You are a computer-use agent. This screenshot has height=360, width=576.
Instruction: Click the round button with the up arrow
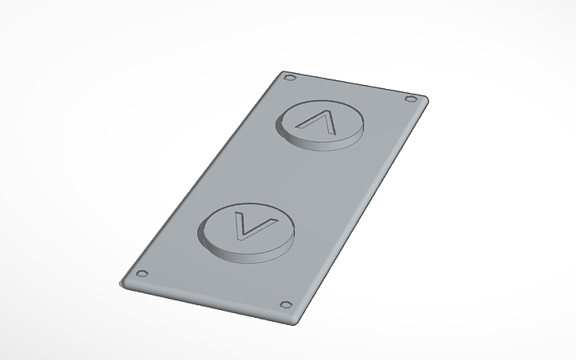point(321,122)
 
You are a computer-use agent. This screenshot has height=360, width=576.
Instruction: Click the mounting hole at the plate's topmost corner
point(289,79)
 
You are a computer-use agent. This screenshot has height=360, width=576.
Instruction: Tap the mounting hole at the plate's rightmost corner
point(411,99)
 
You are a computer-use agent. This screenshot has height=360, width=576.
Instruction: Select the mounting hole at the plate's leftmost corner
point(142,274)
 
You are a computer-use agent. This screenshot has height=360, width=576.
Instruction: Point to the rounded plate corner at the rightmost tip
point(427,99)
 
